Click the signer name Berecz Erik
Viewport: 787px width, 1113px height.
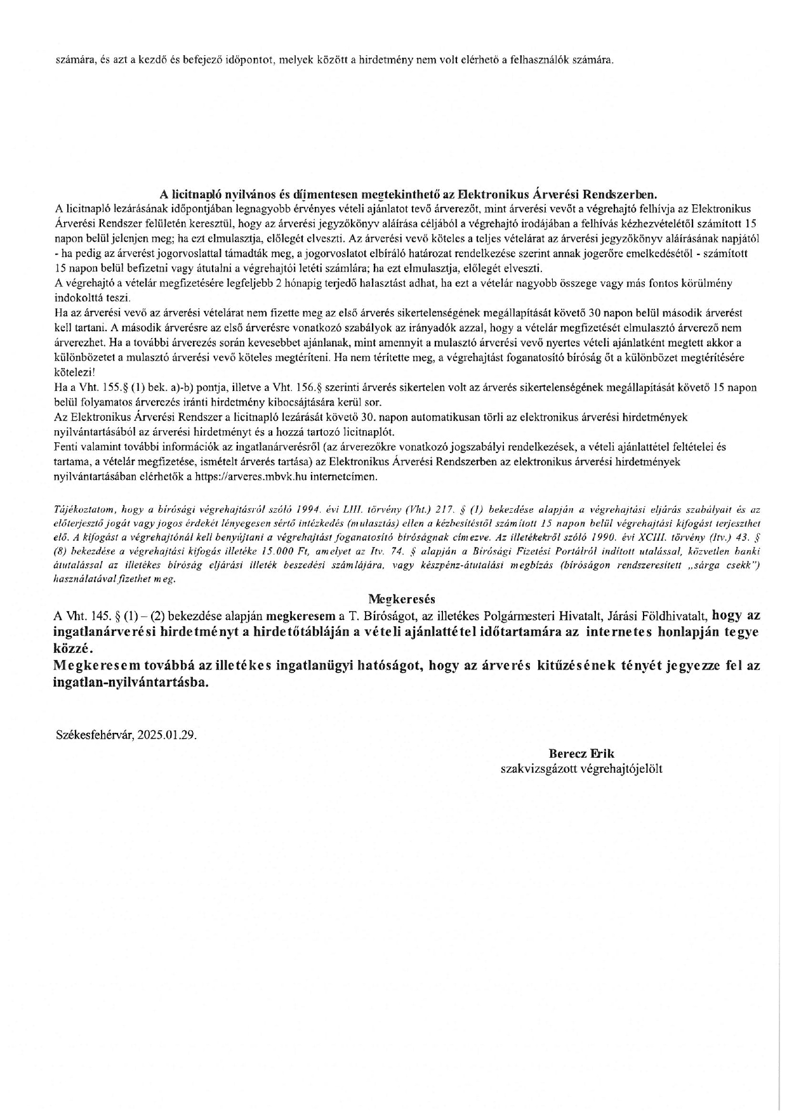pos(581,754)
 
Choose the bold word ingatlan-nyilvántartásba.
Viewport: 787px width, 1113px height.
pos(131,683)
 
